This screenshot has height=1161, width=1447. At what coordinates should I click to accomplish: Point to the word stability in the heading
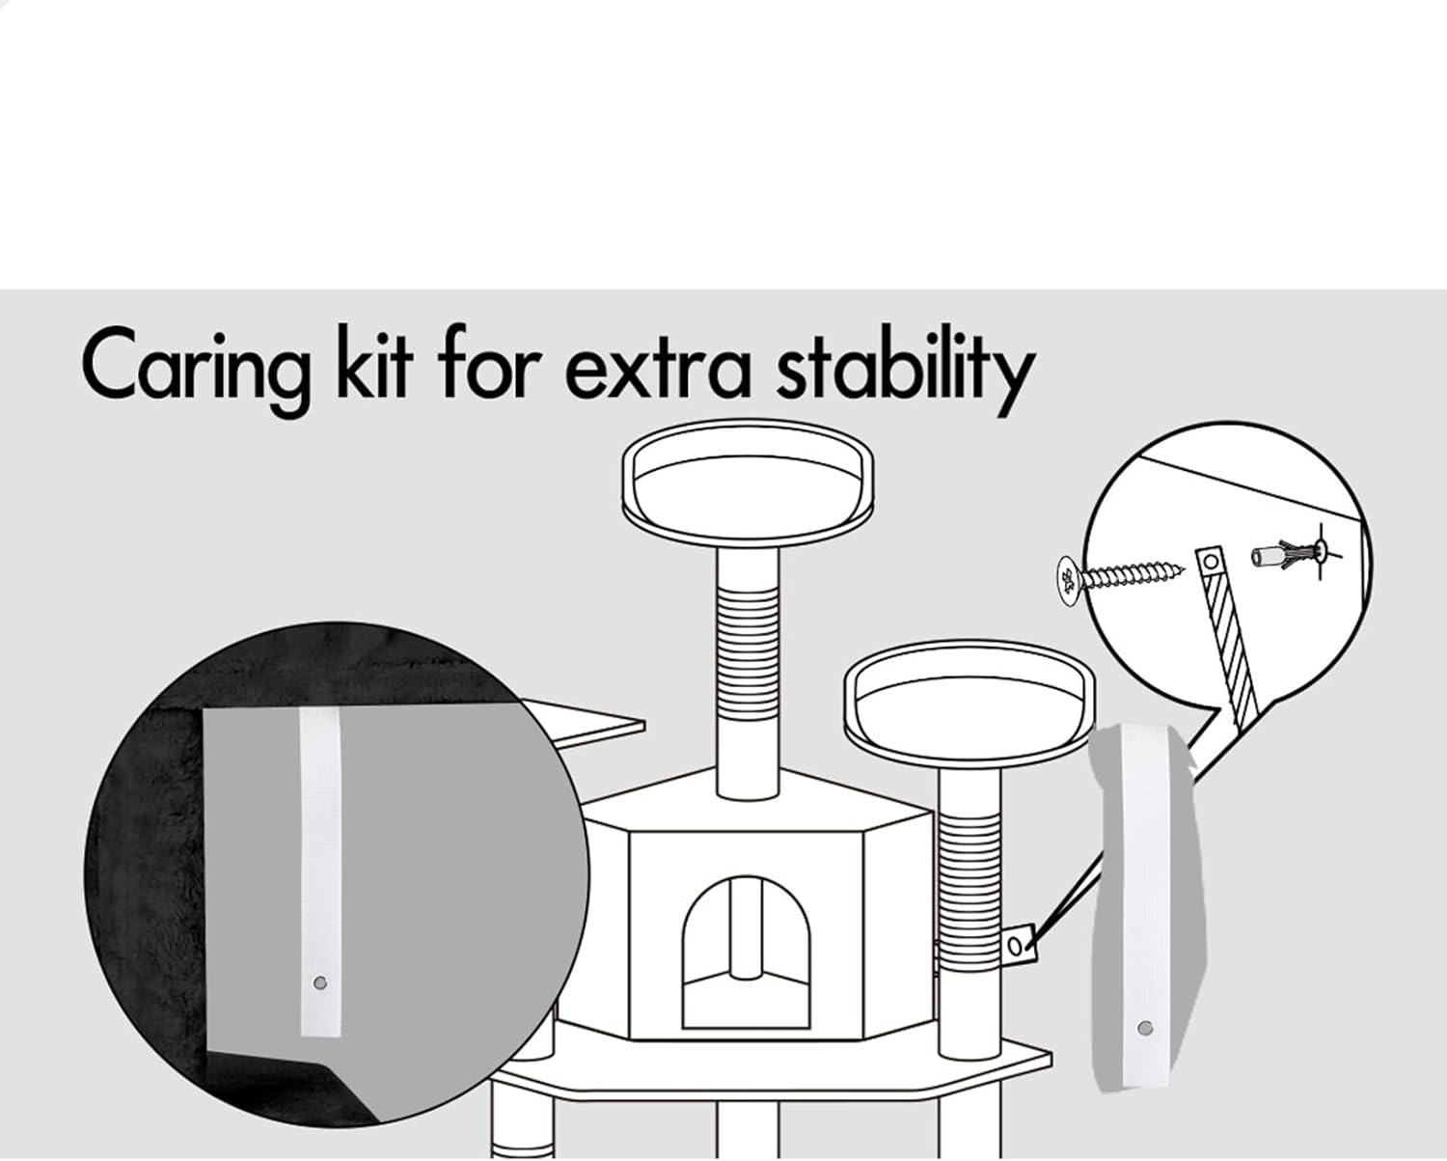pos(906,370)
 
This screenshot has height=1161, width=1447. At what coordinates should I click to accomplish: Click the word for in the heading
pos(489,363)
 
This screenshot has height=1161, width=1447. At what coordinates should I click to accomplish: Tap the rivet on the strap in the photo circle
pos(320,983)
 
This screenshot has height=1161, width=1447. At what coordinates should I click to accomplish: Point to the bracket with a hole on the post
pos(1018,945)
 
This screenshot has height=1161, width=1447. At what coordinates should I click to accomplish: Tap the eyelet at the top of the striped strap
pos(1211,560)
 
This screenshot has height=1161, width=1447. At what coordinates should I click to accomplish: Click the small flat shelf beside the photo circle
pos(584,723)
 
